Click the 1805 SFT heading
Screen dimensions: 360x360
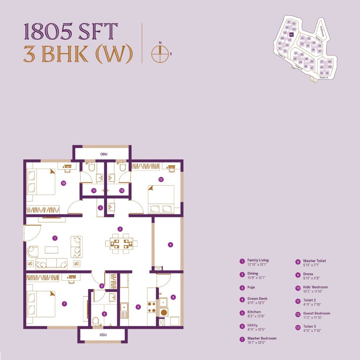click(71, 32)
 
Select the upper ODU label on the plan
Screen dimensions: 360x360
click(104, 154)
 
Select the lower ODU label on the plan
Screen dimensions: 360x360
click(103, 335)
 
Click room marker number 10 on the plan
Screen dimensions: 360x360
click(63, 183)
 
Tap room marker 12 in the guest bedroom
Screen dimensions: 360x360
click(161, 179)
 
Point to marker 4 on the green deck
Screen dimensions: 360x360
click(171, 245)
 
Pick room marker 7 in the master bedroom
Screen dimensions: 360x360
click(64, 304)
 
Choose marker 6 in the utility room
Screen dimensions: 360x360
click(173, 297)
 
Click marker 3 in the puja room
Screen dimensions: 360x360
click(101, 208)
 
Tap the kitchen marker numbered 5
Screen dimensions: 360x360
click(138, 307)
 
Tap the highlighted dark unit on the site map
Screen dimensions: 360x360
click(291, 35)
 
